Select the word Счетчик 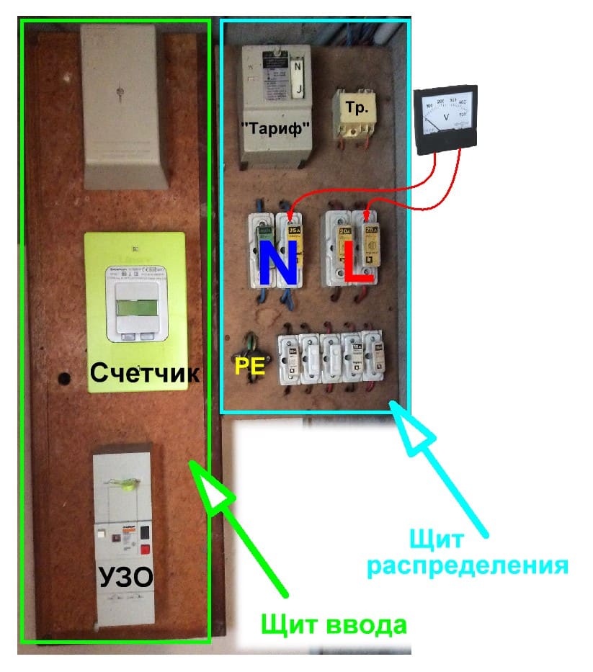tap(144, 373)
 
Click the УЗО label tap(122, 578)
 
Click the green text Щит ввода tap(334, 623)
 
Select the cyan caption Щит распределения tap(468, 551)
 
